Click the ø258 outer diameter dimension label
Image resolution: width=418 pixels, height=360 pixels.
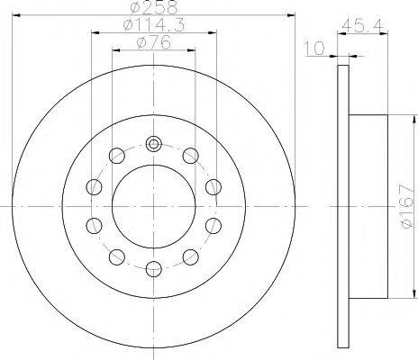(154, 7)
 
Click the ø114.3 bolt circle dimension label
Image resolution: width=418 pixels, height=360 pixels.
(154, 24)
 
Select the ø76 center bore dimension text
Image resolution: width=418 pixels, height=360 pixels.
(154, 42)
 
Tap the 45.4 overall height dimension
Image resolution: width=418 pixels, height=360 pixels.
(363, 26)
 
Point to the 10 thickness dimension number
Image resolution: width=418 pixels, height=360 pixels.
(314, 49)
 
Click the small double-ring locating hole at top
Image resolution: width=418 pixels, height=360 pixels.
(154, 144)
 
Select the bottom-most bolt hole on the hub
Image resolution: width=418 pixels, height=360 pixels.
(154, 268)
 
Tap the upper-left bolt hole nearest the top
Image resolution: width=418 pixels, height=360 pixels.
(117, 156)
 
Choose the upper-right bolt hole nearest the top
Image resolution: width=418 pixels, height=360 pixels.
(190, 156)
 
